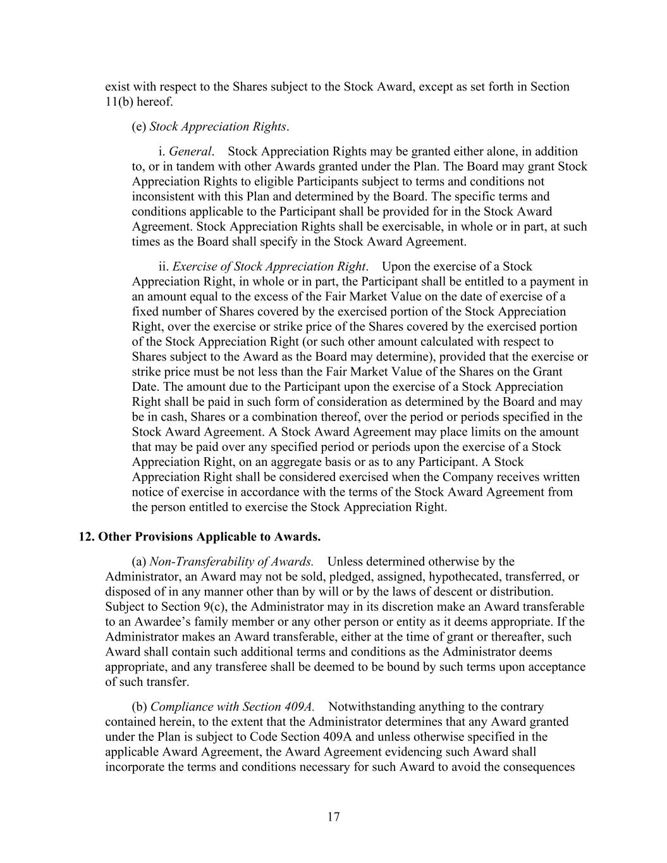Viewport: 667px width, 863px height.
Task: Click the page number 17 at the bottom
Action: tap(333, 817)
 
